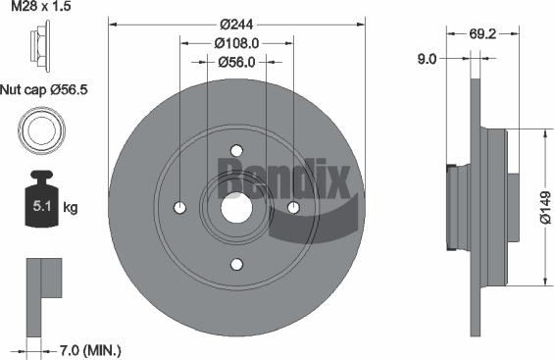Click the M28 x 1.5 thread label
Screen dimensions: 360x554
(41, 8)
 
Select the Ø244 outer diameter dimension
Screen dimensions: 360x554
(236, 24)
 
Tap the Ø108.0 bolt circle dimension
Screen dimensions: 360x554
(236, 43)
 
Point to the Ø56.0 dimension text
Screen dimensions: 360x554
(236, 62)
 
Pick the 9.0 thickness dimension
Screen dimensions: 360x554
(427, 59)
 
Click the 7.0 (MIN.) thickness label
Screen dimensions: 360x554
(88, 349)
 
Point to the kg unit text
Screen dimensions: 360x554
(72, 209)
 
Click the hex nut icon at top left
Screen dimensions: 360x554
(40, 48)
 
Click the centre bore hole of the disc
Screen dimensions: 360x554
(236, 207)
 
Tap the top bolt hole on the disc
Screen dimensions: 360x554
(236, 150)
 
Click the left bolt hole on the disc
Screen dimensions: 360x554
(179, 207)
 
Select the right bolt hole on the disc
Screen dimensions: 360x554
(293, 207)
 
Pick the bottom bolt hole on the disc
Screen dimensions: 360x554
(236, 264)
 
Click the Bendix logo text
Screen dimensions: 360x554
(282, 179)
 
